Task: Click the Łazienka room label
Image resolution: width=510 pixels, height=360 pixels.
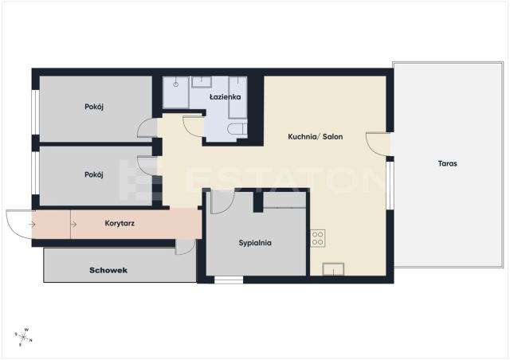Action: pos(225,97)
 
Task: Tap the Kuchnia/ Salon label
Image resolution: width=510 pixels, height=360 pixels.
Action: pos(316,136)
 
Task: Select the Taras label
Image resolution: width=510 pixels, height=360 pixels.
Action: pos(448,163)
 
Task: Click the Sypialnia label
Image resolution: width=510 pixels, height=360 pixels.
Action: pos(255,243)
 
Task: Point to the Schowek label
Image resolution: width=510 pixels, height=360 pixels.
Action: pos(108,270)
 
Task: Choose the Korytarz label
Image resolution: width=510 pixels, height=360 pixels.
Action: pos(120,224)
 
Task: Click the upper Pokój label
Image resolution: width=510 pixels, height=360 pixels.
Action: pos(94,107)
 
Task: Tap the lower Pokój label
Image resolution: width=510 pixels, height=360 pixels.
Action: pos(94,175)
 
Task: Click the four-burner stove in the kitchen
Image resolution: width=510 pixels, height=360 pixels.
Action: pos(318,238)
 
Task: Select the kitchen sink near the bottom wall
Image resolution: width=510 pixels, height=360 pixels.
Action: pos(333,269)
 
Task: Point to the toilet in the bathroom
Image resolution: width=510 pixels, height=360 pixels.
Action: pos(237,129)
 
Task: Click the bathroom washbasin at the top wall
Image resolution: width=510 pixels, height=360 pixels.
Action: pos(202,81)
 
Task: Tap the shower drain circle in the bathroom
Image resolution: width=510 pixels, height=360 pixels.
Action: pos(176,84)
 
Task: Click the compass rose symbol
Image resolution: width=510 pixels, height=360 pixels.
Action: pos(23,337)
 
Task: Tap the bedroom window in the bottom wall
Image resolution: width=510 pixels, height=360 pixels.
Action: pos(229,280)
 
